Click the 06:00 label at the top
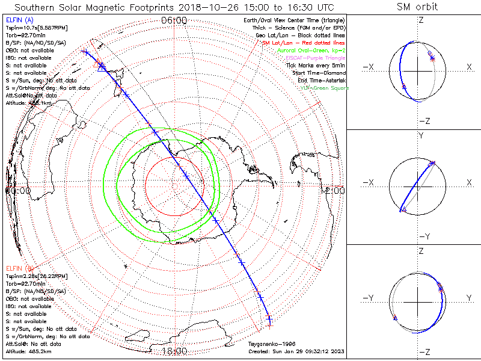174,20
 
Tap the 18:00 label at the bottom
174,351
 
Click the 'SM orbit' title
417,7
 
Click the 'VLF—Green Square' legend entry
324,88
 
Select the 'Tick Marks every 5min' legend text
315,66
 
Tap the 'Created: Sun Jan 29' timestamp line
296,351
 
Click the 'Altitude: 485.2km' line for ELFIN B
28,351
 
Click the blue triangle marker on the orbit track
101,68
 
